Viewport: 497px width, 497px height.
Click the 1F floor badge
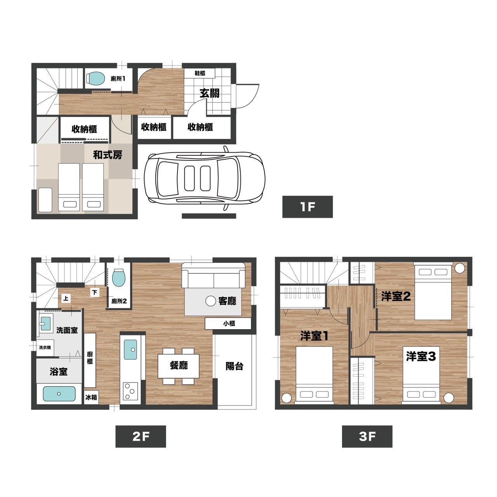(307, 207)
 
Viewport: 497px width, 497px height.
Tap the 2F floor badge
(141, 436)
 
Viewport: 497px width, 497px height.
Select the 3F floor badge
(367, 436)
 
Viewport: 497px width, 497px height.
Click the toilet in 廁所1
(95, 78)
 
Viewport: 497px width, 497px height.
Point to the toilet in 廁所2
(120, 278)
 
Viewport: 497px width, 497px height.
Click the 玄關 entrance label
(209, 93)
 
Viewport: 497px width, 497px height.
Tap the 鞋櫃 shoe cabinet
(199, 73)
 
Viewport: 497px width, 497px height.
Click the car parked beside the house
(204, 179)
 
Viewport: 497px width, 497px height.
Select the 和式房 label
(108, 155)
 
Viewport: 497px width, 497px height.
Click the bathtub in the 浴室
(59, 394)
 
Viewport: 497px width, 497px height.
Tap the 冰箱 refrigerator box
(91, 397)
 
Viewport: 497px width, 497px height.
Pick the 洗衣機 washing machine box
(45, 348)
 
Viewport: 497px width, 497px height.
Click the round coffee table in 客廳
(210, 301)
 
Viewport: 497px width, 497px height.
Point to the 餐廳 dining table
(179, 365)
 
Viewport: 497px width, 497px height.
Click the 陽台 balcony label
(234, 366)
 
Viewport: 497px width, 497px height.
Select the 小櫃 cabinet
(228, 323)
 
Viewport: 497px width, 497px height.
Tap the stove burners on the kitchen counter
(130, 391)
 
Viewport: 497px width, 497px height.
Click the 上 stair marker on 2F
(66, 299)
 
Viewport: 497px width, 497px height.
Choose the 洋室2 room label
(396, 297)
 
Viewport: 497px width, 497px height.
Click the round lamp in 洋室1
(286, 398)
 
